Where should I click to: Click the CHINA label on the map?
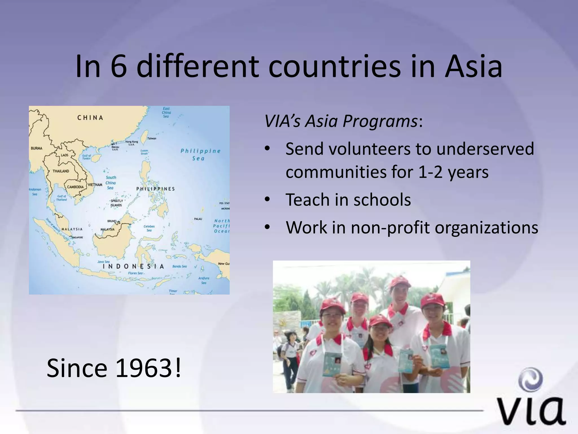click(x=90, y=118)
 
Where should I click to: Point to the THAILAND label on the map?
click(x=61, y=171)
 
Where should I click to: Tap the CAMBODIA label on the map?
click(x=75, y=187)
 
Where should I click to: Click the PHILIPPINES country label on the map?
click(x=156, y=189)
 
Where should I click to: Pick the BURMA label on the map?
click(x=36, y=148)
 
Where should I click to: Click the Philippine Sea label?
click(x=200, y=154)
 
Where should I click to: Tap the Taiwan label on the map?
click(x=152, y=138)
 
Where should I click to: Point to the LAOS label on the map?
click(x=65, y=155)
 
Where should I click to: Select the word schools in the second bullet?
click(x=382, y=200)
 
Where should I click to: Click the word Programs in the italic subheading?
click(x=380, y=121)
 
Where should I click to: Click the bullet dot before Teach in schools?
click(x=267, y=200)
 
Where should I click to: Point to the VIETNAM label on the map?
click(x=95, y=185)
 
